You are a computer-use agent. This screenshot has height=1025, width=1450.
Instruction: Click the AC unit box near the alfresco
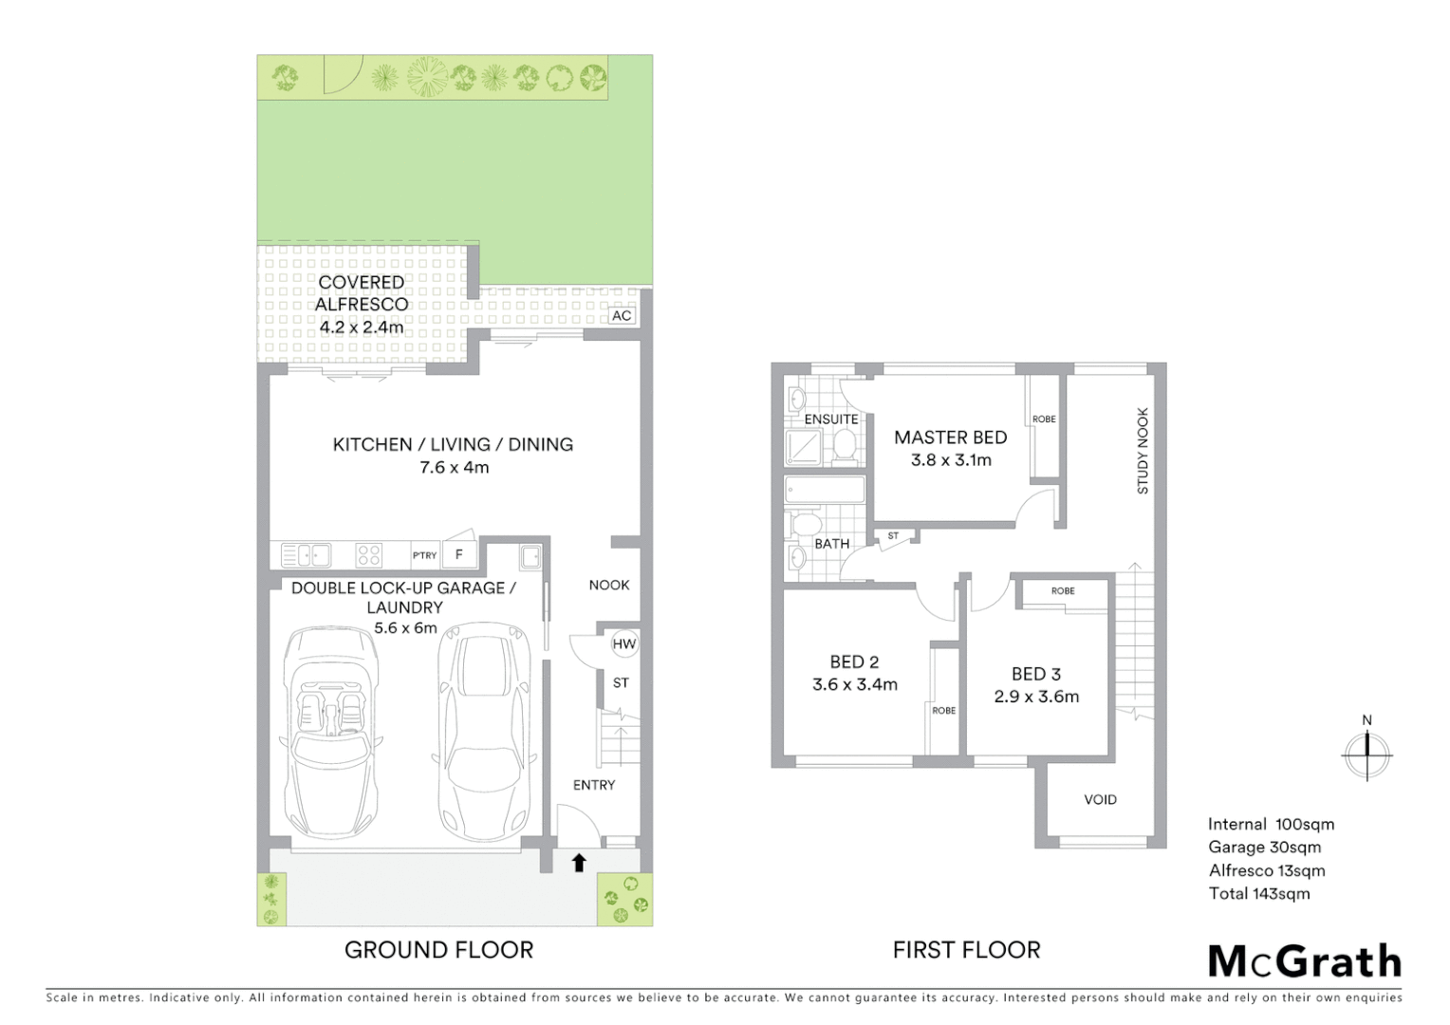coord(622,315)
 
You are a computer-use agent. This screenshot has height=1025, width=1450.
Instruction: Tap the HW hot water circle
coord(623,644)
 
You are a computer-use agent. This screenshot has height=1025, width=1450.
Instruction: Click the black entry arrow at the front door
coord(578,862)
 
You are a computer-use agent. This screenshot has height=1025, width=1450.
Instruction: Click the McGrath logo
coord(1305,960)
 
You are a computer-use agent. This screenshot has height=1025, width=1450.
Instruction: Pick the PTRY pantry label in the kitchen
coord(424,555)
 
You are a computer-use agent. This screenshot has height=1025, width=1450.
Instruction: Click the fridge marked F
coord(459,554)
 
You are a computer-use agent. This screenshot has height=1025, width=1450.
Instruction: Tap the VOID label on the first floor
coord(1100,799)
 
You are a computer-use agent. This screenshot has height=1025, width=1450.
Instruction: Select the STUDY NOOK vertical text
coord(1143,451)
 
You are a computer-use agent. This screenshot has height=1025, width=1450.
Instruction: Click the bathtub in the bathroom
coord(825,490)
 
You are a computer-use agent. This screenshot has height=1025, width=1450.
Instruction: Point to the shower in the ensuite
coord(806,446)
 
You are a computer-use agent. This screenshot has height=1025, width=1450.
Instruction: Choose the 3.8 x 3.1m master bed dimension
coord(951,460)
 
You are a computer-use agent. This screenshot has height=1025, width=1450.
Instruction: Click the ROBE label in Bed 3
coord(1063,590)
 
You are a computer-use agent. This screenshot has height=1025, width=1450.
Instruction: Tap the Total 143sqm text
coord(1258,893)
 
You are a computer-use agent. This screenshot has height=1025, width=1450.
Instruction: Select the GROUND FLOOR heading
coord(438,950)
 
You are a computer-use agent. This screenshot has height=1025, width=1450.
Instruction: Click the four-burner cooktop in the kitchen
coord(368,554)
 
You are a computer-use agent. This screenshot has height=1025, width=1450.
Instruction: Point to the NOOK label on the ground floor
coord(608,585)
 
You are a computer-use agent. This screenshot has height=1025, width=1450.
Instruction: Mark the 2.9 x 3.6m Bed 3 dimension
coord(1036,697)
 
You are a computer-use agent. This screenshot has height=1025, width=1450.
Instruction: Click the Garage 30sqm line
coord(1264,848)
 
